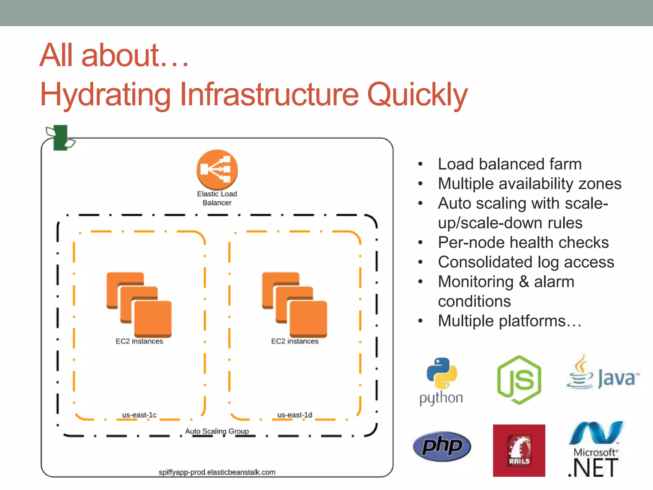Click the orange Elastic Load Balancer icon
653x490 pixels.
point(217,169)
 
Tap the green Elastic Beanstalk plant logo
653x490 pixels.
point(61,138)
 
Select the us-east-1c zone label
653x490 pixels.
point(139,415)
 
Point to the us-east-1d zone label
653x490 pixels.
point(295,415)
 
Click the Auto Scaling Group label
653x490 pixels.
point(217,431)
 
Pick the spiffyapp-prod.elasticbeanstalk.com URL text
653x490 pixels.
point(217,472)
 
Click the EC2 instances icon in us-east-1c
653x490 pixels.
point(139,305)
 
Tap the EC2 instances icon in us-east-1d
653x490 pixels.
point(295,305)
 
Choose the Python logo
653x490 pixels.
point(442,381)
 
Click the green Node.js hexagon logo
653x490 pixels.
point(519,380)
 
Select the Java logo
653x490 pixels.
point(603,373)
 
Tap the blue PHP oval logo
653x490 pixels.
point(442,446)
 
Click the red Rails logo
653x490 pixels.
point(519,450)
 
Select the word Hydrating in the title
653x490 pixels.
point(106,95)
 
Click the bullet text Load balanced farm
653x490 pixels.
point(510,164)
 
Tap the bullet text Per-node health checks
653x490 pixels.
point(523,242)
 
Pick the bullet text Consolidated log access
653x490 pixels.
point(526,262)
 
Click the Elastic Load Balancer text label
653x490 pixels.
point(217,198)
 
